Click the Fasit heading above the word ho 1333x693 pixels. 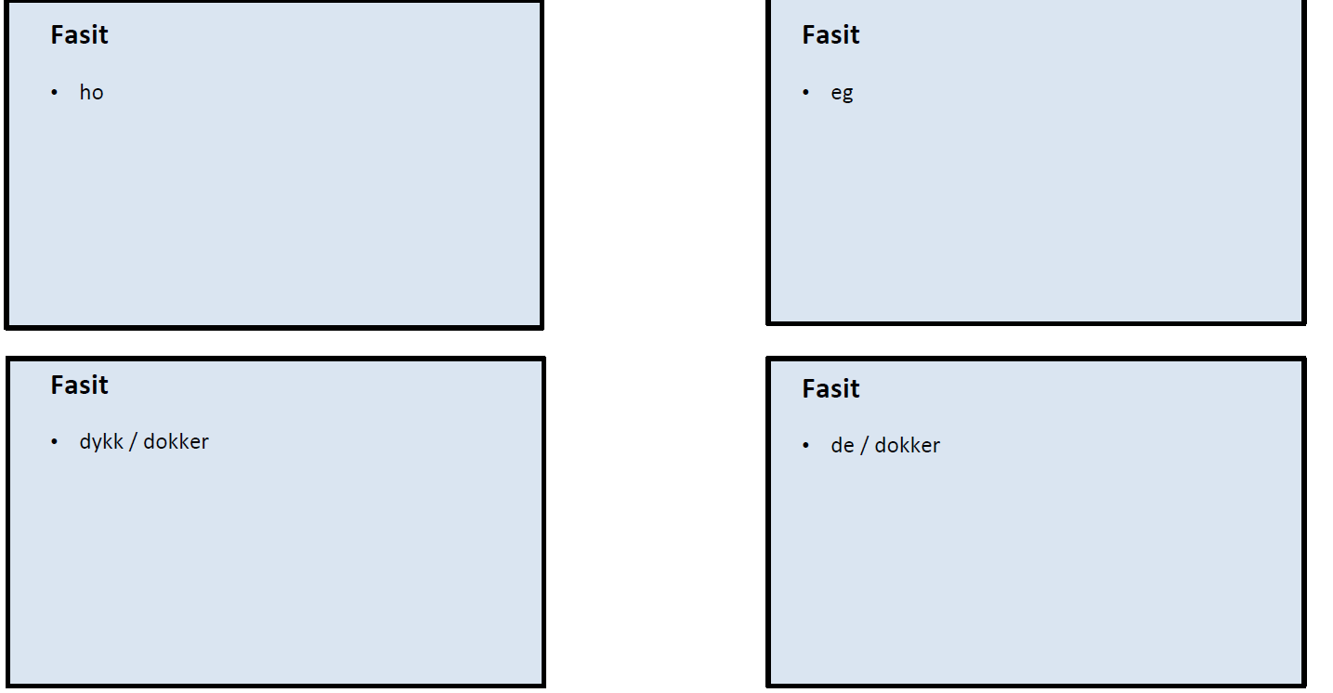coord(79,35)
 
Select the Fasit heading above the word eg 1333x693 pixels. coord(830,35)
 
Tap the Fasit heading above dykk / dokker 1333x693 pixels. coord(79,386)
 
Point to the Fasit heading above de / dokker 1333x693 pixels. coord(830,389)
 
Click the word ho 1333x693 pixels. coord(91,93)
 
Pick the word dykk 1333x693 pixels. coord(101,442)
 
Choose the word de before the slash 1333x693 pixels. coord(842,446)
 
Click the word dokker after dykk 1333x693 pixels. coord(176,442)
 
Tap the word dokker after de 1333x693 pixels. coord(907,446)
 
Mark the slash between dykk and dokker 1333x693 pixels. coord(133,442)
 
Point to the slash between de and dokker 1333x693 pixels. coord(864,446)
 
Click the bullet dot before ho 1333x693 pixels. coord(55,93)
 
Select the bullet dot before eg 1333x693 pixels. coord(806,93)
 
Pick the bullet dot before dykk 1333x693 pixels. coord(55,442)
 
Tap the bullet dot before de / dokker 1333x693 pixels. coord(806,446)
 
